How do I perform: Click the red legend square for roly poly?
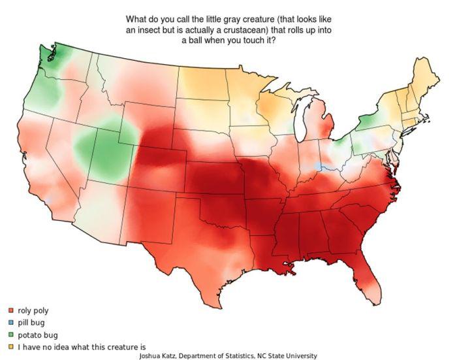(x=11, y=310)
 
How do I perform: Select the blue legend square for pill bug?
(x=11, y=323)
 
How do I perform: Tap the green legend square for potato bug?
(x=11, y=335)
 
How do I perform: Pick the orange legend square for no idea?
(x=11, y=347)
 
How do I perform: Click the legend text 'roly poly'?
(x=33, y=310)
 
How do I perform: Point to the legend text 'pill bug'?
(x=31, y=323)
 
